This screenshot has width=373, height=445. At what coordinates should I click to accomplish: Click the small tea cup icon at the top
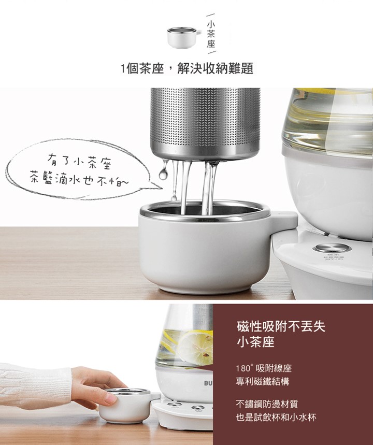click(184, 37)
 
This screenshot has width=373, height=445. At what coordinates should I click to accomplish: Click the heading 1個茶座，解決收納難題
click(187, 68)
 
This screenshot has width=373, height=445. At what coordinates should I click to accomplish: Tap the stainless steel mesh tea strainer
click(205, 124)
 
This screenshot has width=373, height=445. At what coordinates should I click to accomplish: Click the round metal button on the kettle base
click(332, 249)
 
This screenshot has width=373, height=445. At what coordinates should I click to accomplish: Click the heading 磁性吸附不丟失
click(281, 327)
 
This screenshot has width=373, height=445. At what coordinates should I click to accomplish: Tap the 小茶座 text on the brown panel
click(255, 342)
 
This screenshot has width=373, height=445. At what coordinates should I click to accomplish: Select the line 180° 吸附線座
click(264, 369)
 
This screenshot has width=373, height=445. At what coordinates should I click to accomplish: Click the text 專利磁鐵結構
click(262, 382)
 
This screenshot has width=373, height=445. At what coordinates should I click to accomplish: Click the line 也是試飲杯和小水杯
click(276, 418)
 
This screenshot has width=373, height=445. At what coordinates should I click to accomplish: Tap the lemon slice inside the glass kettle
click(197, 348)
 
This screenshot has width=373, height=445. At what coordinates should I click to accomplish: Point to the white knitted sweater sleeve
click(35, 386)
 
